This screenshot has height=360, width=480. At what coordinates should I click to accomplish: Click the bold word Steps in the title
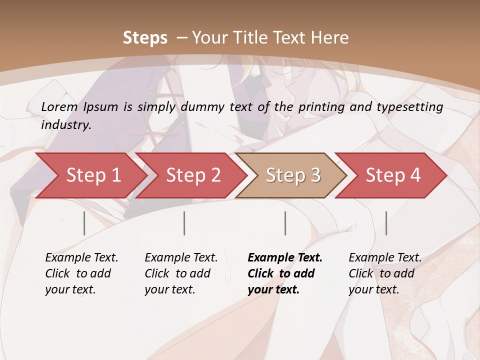tap(145, 37)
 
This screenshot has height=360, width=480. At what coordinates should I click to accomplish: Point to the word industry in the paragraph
tap(65, 124)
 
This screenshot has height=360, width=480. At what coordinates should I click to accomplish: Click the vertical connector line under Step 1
tap(84, 223)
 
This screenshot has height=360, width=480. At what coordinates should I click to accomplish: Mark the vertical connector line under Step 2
tap(184, 223)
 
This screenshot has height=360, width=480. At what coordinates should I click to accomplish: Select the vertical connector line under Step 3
tap(285, 223)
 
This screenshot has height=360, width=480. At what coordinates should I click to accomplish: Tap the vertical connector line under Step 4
tap(386, 223)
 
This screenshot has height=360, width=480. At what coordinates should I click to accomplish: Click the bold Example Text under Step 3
tap(285, 257)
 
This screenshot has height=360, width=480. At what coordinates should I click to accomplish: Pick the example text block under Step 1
tap(81, 273)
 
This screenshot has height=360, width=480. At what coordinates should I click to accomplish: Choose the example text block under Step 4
tap(384, 273)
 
